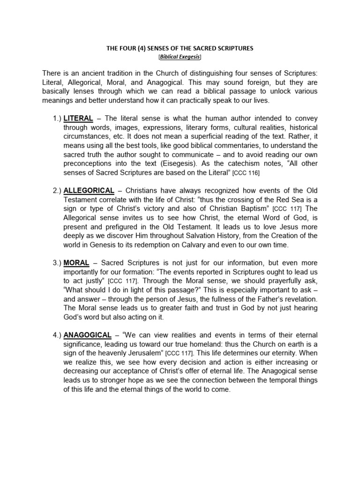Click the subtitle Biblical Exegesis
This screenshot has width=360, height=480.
[x=180, y=57]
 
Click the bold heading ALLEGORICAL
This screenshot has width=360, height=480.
[x=89, y=191]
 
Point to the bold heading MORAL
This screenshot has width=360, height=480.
[x=76, y=263]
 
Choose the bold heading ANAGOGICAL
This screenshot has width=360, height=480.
[x=88, y=335]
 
